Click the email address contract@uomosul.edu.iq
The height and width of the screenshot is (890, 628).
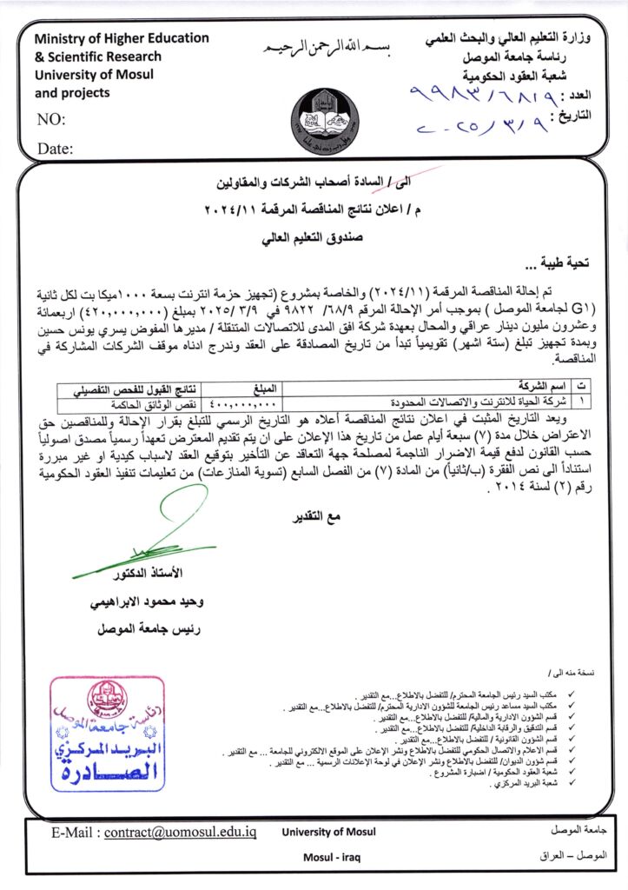181,832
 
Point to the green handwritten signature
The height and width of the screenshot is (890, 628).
173,540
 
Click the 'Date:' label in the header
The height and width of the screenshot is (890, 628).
55,149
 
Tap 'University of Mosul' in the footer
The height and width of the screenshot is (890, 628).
328,832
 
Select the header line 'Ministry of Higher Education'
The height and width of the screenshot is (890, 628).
122,38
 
